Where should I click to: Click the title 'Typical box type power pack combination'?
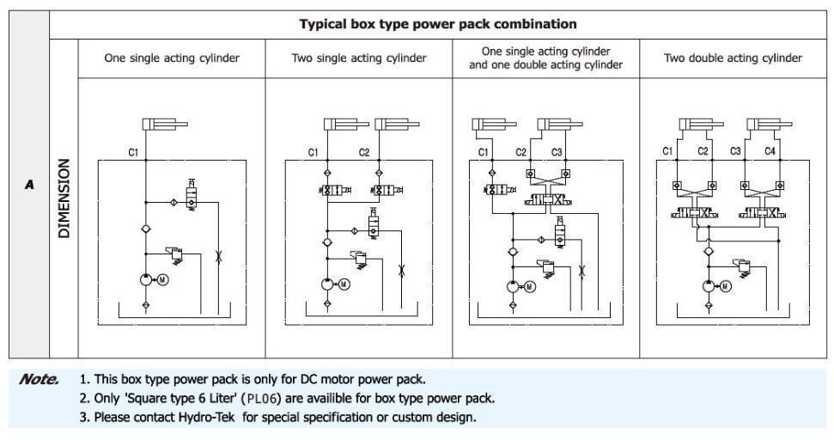[x=437, y=24]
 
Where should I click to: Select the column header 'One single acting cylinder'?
[x=172, y=58]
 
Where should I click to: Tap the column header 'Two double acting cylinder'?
[x=733, y=58]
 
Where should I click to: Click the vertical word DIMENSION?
[x=64, y=198]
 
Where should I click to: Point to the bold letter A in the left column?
[x=29, y=185]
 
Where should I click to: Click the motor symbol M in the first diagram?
[x=163, y=278]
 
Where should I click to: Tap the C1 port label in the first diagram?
[x=133, y=152]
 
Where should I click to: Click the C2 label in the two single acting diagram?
[x=364, y=152]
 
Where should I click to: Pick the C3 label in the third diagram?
[x=557, y=152]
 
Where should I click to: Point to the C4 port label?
[x=770, y=151]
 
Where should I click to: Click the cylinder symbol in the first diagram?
[x=165, y=125]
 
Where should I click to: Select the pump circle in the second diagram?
[x=327, y=284]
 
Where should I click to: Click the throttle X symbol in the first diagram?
[x=218, y=256]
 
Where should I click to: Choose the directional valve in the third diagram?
[x=548, y=200]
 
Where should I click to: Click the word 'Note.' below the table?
[x=39, y=379]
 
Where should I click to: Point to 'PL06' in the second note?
[x=264, y=398]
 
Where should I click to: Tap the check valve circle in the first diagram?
[x=146, y=229]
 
